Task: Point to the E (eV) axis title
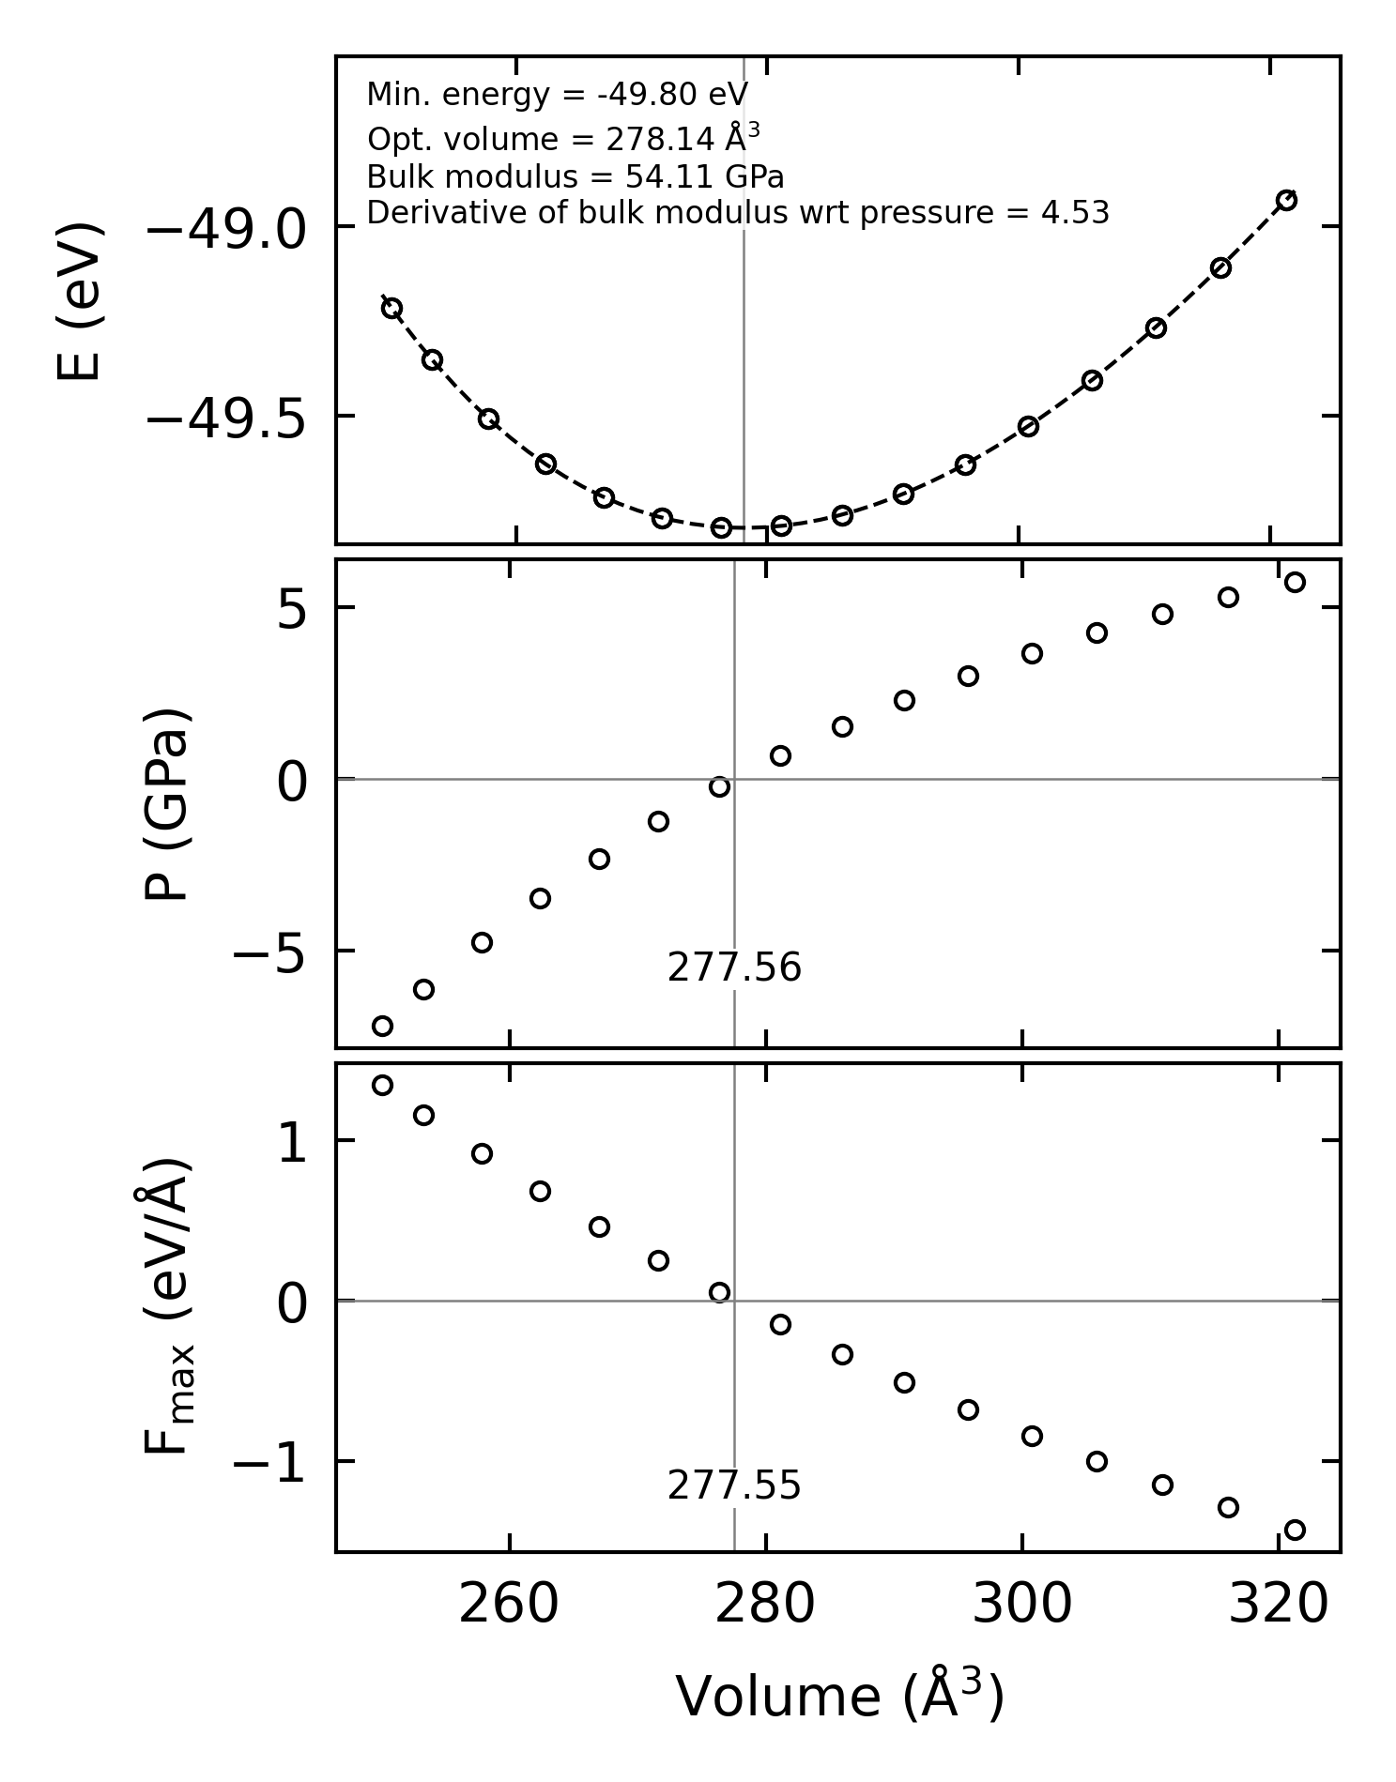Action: [x=79, y=301]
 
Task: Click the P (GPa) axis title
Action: [x=167, y=804]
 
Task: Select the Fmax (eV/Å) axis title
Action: [x=169, y=1305]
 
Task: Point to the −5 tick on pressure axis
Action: [x=270, y=954]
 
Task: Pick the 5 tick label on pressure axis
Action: [x=292, y=611]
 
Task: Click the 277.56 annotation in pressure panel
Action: [x=734, y=968]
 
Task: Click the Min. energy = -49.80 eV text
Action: [x=557, y=95]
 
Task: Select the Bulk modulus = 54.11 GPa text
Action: [x=575, y=177]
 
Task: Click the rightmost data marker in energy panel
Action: [x=1286, y=200]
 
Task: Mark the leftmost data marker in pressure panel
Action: [x=382, y=1026]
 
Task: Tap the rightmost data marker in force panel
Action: [x=1295, y=1530]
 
